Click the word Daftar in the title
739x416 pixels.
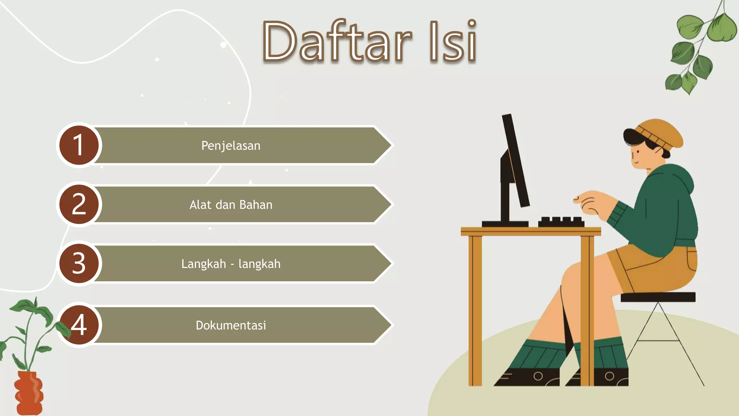[x=337, y=42]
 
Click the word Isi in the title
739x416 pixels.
[x=453, y=42]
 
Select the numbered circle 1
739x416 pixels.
[x=79, y=145]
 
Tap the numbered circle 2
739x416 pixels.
[x=79, y=204]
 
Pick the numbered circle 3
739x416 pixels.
[x=79, y=263]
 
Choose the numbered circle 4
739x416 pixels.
[x=79, y=325]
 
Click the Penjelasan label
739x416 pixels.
[x=231, y=146]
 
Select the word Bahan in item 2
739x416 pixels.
[x=256, y=205]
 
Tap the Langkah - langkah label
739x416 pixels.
[x=231, y=264]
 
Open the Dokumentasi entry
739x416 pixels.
[x=231, y=325]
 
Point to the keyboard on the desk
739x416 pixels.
[x=561, y=222]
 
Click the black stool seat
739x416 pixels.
[x=658, y=297]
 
